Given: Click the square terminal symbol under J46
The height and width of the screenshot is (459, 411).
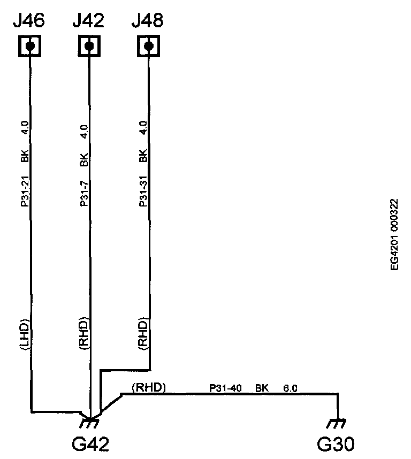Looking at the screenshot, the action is [30, 47].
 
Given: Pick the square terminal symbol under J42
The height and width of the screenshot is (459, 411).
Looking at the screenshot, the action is [89, 47].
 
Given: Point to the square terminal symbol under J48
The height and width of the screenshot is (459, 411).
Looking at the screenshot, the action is [149, 47].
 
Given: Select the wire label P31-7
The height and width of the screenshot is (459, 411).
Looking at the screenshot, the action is [84, 190].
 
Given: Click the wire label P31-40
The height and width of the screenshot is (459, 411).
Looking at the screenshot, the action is [224, 387].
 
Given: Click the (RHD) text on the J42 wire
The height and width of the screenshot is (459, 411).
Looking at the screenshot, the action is [84, 334].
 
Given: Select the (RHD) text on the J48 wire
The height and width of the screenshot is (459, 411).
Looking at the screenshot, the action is [143, 334].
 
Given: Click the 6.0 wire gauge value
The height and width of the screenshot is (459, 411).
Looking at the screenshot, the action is [290, 387].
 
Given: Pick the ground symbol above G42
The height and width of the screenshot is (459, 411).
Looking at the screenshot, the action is [89, 423].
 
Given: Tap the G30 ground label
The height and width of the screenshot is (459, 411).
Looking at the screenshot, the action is [337, 444].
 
